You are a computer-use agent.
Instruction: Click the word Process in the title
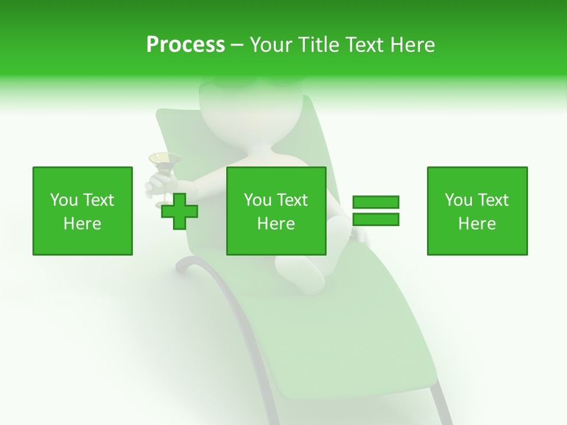tap(185, 45)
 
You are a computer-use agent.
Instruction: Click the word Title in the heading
tap(317, 45)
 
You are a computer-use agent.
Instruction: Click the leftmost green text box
tap(82, 211)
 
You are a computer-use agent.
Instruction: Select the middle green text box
tap(276, 211)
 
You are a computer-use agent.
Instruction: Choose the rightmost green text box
tap(477, 211)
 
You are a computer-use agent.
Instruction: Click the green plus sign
tap(180, 211)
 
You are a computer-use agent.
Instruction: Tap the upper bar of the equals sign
tap(376, 202)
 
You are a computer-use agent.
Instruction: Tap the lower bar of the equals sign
tap(376, 219)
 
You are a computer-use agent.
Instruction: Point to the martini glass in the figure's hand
tap(164, 162)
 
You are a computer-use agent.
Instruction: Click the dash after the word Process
tap(237, 45)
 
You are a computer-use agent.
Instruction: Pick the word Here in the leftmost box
tap(82, 224)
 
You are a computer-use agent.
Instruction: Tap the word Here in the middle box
tap(276, 224)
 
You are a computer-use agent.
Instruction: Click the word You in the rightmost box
tap(458, 200)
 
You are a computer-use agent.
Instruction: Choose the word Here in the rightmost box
tap(477, 224)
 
